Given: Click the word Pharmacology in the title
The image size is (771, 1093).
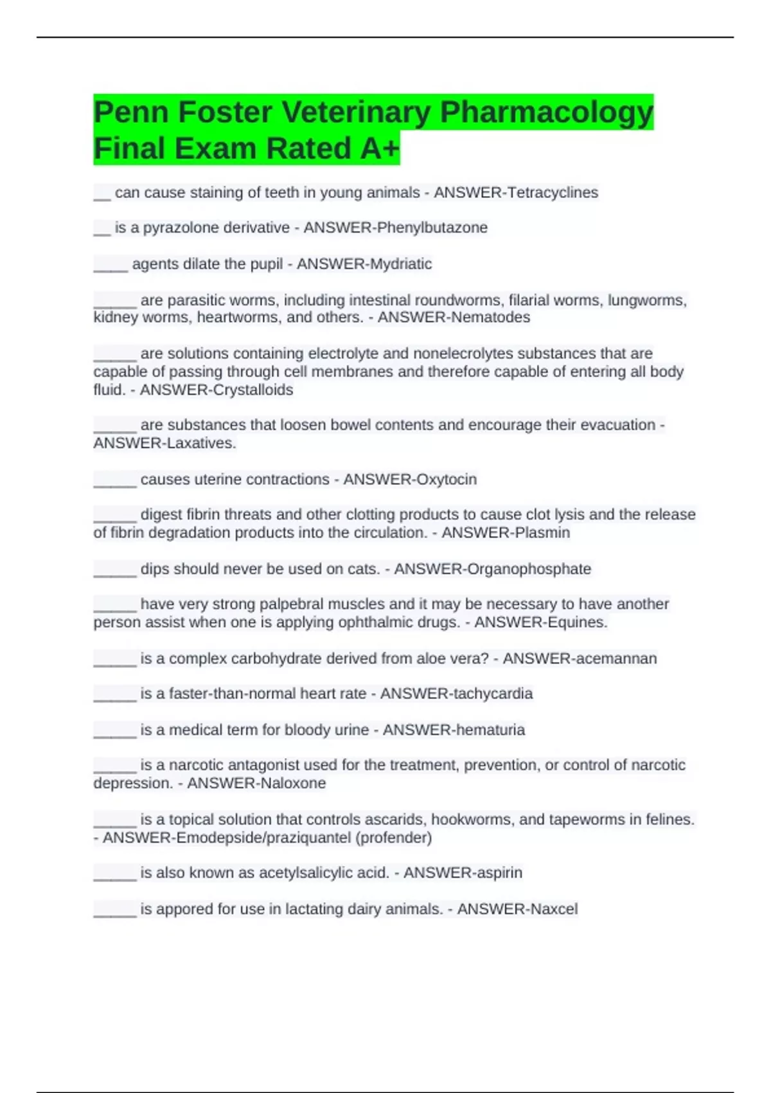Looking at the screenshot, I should tap(546, 113).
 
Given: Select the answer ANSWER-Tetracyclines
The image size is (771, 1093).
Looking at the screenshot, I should tap(516, 193).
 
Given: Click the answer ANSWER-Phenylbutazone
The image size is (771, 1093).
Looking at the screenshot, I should tap(395, 228).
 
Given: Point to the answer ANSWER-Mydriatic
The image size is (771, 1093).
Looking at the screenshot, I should tap(364, 264).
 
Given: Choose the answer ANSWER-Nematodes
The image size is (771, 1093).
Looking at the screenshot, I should tap(454, 318).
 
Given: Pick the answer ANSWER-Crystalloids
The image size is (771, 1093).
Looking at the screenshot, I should tap(217, 390).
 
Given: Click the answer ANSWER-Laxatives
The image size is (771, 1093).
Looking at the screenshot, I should tap(164, 444).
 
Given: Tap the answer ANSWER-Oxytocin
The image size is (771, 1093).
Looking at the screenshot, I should tap(410, 480).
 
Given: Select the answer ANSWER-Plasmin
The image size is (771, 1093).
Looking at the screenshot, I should tap(506, 533).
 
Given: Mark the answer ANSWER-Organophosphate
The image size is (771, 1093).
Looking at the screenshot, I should tap(492, 569).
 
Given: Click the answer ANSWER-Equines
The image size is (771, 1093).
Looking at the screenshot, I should tap(540, 622).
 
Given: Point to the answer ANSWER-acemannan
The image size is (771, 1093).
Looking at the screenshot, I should tap(580, 659).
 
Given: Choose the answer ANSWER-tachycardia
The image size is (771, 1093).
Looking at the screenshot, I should tap(456, 694).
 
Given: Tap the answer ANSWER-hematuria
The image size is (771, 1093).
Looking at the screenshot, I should tap(454, 730).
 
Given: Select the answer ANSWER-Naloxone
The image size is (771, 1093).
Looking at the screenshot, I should tap(256, 784).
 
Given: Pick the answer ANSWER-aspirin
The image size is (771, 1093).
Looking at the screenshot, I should tap(463, 873).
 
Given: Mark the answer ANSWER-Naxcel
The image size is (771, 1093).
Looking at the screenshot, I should tap(517, 909).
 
